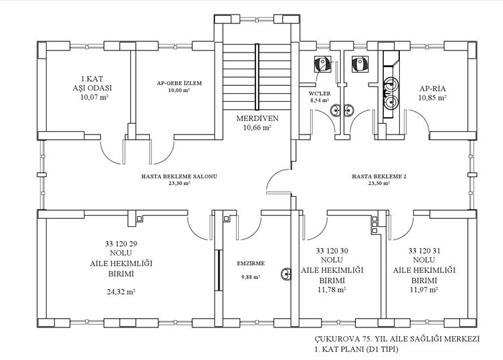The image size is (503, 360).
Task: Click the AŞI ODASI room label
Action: click(92, 88)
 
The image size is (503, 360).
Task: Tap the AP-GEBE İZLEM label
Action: click(180, 83)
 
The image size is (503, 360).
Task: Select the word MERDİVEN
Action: click(257, 118)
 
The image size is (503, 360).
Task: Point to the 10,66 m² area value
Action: click(257, 127)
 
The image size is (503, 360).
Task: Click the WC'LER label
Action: click(319, 94)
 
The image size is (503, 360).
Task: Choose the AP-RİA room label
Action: click(432, 89)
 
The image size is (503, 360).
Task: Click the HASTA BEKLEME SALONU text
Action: click(180, 176)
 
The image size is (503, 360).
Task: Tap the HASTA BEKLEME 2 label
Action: click(379, 176)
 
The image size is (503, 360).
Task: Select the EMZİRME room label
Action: click(251, 264)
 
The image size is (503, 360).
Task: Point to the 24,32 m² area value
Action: click(121, 291)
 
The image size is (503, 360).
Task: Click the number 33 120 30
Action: click(332, 251)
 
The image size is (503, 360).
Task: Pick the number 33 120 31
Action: click(424, 251)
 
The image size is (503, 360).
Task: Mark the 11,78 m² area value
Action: click(332, 289)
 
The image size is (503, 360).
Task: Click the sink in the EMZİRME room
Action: click(286, 274)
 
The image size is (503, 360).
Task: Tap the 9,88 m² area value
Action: click(251, 277)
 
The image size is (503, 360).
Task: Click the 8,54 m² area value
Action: click(319, 100)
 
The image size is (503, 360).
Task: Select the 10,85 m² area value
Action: click(432, 98)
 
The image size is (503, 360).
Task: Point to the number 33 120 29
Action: click(121, 244)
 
